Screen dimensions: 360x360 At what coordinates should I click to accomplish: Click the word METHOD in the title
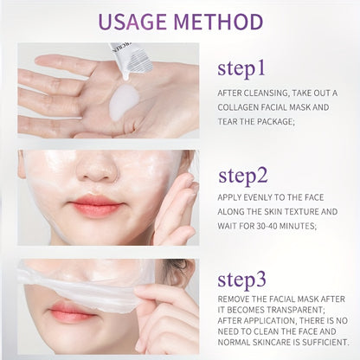[x=220, y=21]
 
